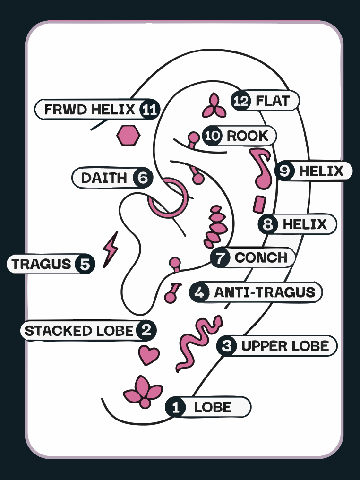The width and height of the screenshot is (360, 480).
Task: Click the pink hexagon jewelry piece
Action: (129, 135)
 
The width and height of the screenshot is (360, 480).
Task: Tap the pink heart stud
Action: (149, 354)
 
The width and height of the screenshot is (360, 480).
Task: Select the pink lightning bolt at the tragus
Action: (111, 249)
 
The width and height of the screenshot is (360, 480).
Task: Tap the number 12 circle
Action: (240, 101)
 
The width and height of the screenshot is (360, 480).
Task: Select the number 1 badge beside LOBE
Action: (176, 407)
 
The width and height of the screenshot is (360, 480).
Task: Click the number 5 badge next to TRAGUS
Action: (85, 264)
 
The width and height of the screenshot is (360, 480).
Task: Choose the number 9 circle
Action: (285, 171)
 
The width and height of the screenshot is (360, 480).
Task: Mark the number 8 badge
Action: (268, 224)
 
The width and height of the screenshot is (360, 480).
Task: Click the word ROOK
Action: (248, 136)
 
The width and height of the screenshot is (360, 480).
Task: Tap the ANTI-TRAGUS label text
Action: (265, 292)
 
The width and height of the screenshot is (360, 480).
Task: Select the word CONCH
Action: (261, 258)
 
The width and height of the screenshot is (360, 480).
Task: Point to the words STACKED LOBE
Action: (79, 331)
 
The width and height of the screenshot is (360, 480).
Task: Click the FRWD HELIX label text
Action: (89, 110)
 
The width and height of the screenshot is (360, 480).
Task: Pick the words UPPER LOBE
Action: (285, 346)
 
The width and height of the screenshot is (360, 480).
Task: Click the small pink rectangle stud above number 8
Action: (258, 205)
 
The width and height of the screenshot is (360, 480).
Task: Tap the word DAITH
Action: (104, 178)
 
